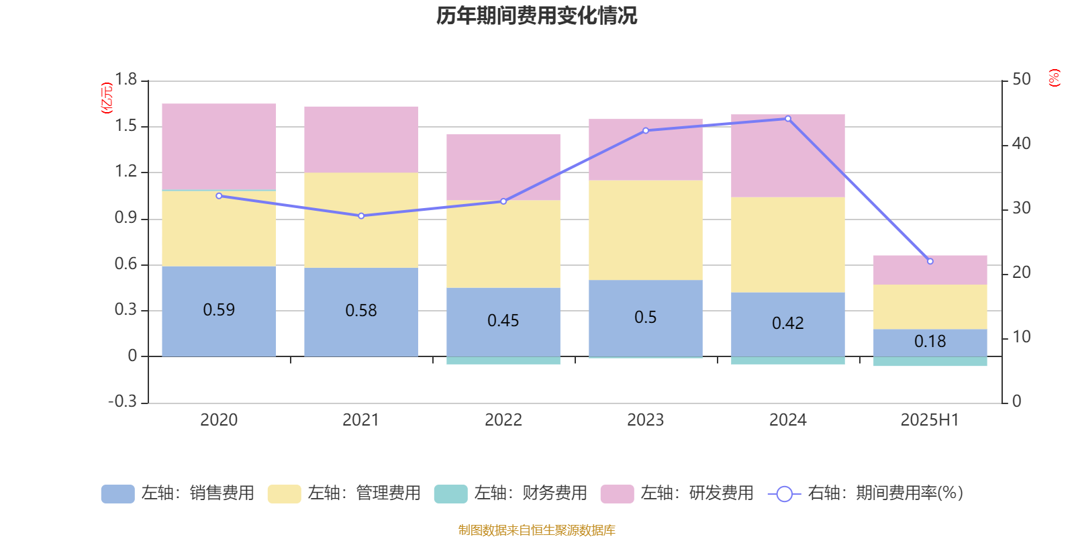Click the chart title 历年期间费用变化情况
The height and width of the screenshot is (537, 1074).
536,15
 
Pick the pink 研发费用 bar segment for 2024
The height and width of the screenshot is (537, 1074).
787,155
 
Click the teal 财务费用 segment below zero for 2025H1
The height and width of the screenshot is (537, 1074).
930,362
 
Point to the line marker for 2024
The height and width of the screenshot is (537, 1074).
788,119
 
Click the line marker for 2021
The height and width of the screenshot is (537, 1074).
361,216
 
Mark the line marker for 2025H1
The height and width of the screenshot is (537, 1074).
930,261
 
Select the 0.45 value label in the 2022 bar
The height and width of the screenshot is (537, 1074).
503,321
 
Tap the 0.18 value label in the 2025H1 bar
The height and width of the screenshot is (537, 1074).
930,342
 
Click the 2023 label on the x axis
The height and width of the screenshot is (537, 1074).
645,420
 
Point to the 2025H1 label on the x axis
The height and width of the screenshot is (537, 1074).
930,420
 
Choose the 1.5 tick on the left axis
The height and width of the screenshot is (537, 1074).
126,126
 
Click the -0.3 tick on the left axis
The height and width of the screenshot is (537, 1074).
122,401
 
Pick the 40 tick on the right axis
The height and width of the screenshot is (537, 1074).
1021,144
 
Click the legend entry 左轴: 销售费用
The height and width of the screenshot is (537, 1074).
178,493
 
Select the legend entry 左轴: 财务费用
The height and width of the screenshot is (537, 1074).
511,493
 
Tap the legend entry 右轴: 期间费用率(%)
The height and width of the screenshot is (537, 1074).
866,493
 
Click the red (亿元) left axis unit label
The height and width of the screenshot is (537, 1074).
106,98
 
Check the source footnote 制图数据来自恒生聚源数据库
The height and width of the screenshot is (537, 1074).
536,530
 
